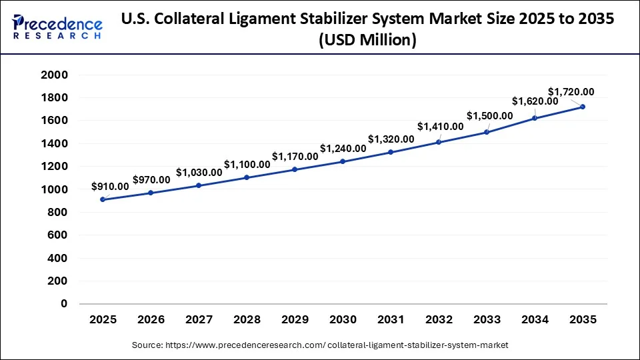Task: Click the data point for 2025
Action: (103, 199)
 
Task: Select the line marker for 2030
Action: (343, 161)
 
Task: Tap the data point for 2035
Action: (583, 107)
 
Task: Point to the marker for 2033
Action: (487, 132)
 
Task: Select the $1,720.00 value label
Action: (571, 91)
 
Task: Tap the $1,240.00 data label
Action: (343, 148)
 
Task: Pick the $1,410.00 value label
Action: (440, 126)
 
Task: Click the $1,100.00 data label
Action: (247, 163)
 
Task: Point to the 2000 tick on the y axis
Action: (55, 75)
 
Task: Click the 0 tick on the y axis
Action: (64, 304)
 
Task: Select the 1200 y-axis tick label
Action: (55, 167)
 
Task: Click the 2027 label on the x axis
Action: (199, 320)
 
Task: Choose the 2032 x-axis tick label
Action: (439, 320)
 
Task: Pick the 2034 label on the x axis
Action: (535, 320)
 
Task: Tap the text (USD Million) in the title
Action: (367, 41)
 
